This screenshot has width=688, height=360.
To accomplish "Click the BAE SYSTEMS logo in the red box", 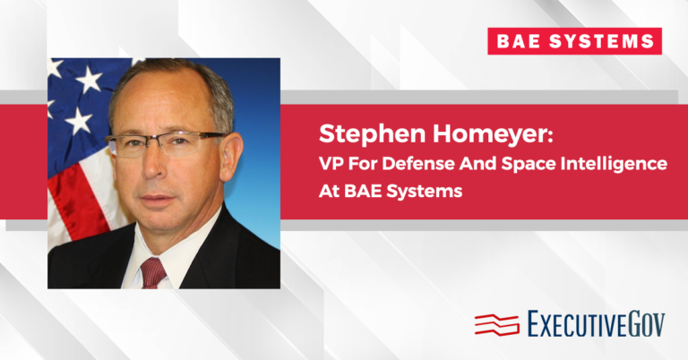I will pos(574,41).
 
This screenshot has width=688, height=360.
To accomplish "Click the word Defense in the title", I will pos(409,165).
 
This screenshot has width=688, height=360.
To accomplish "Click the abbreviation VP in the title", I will pos(333,165).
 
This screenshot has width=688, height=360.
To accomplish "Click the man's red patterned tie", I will pos(153,271).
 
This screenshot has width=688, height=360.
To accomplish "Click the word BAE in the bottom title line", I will pos(360,192).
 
